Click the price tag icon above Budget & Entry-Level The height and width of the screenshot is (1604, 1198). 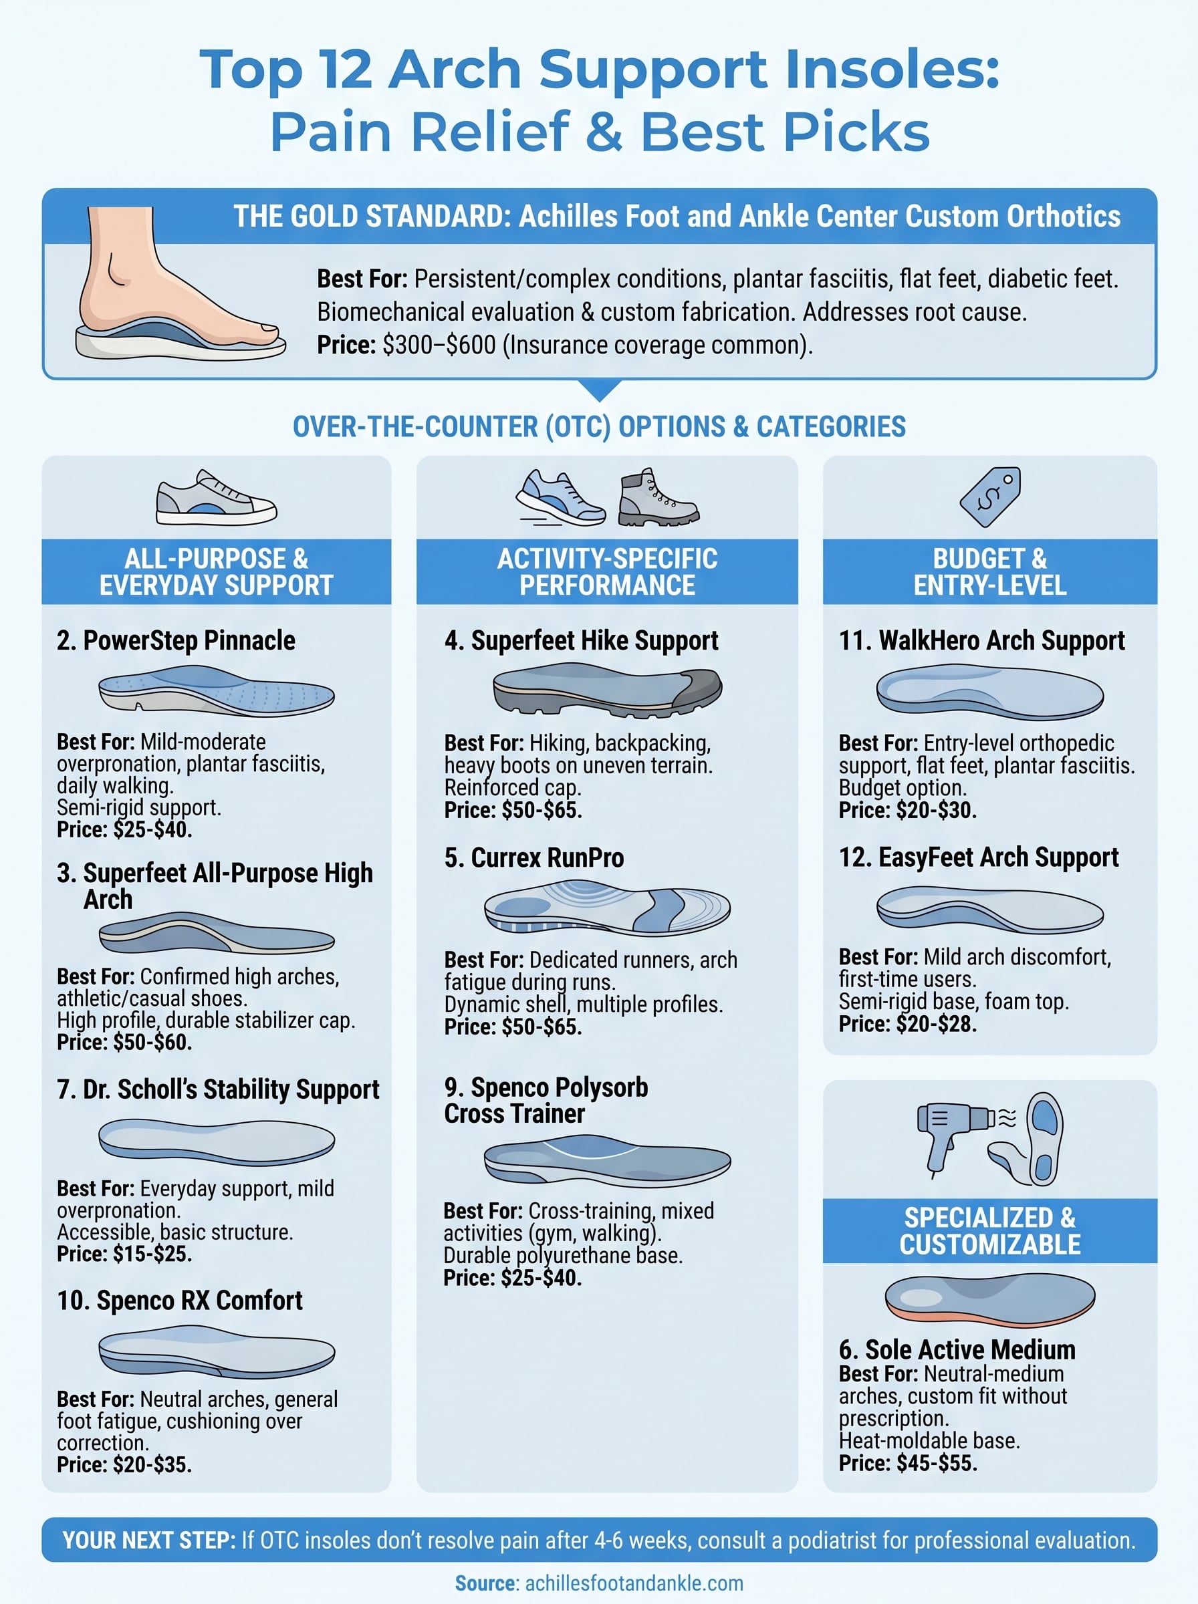[990, 497]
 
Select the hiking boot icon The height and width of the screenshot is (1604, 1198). [657, 498]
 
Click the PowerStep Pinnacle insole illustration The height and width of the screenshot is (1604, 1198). [216, 691]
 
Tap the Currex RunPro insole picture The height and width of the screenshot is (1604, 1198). [607, 908]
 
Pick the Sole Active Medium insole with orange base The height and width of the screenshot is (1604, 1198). [990, 1298]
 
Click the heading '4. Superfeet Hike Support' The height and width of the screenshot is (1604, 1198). [581, 641]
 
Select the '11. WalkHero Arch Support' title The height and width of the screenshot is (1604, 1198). [982, 641]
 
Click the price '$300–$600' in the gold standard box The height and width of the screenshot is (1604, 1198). [439, 345]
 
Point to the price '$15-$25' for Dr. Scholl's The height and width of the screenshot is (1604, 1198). [152, 1254]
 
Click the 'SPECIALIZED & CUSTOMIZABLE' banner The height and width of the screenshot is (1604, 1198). [990, 1230]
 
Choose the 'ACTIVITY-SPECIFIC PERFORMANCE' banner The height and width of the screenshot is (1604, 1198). [607, 572]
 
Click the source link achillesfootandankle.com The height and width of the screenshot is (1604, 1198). [634, 1583]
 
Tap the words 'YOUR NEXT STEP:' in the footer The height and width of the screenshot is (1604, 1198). [148, 1541]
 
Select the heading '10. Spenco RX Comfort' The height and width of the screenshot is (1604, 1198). [180, 1301]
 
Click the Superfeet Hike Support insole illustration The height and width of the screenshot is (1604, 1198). [607, 690]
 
